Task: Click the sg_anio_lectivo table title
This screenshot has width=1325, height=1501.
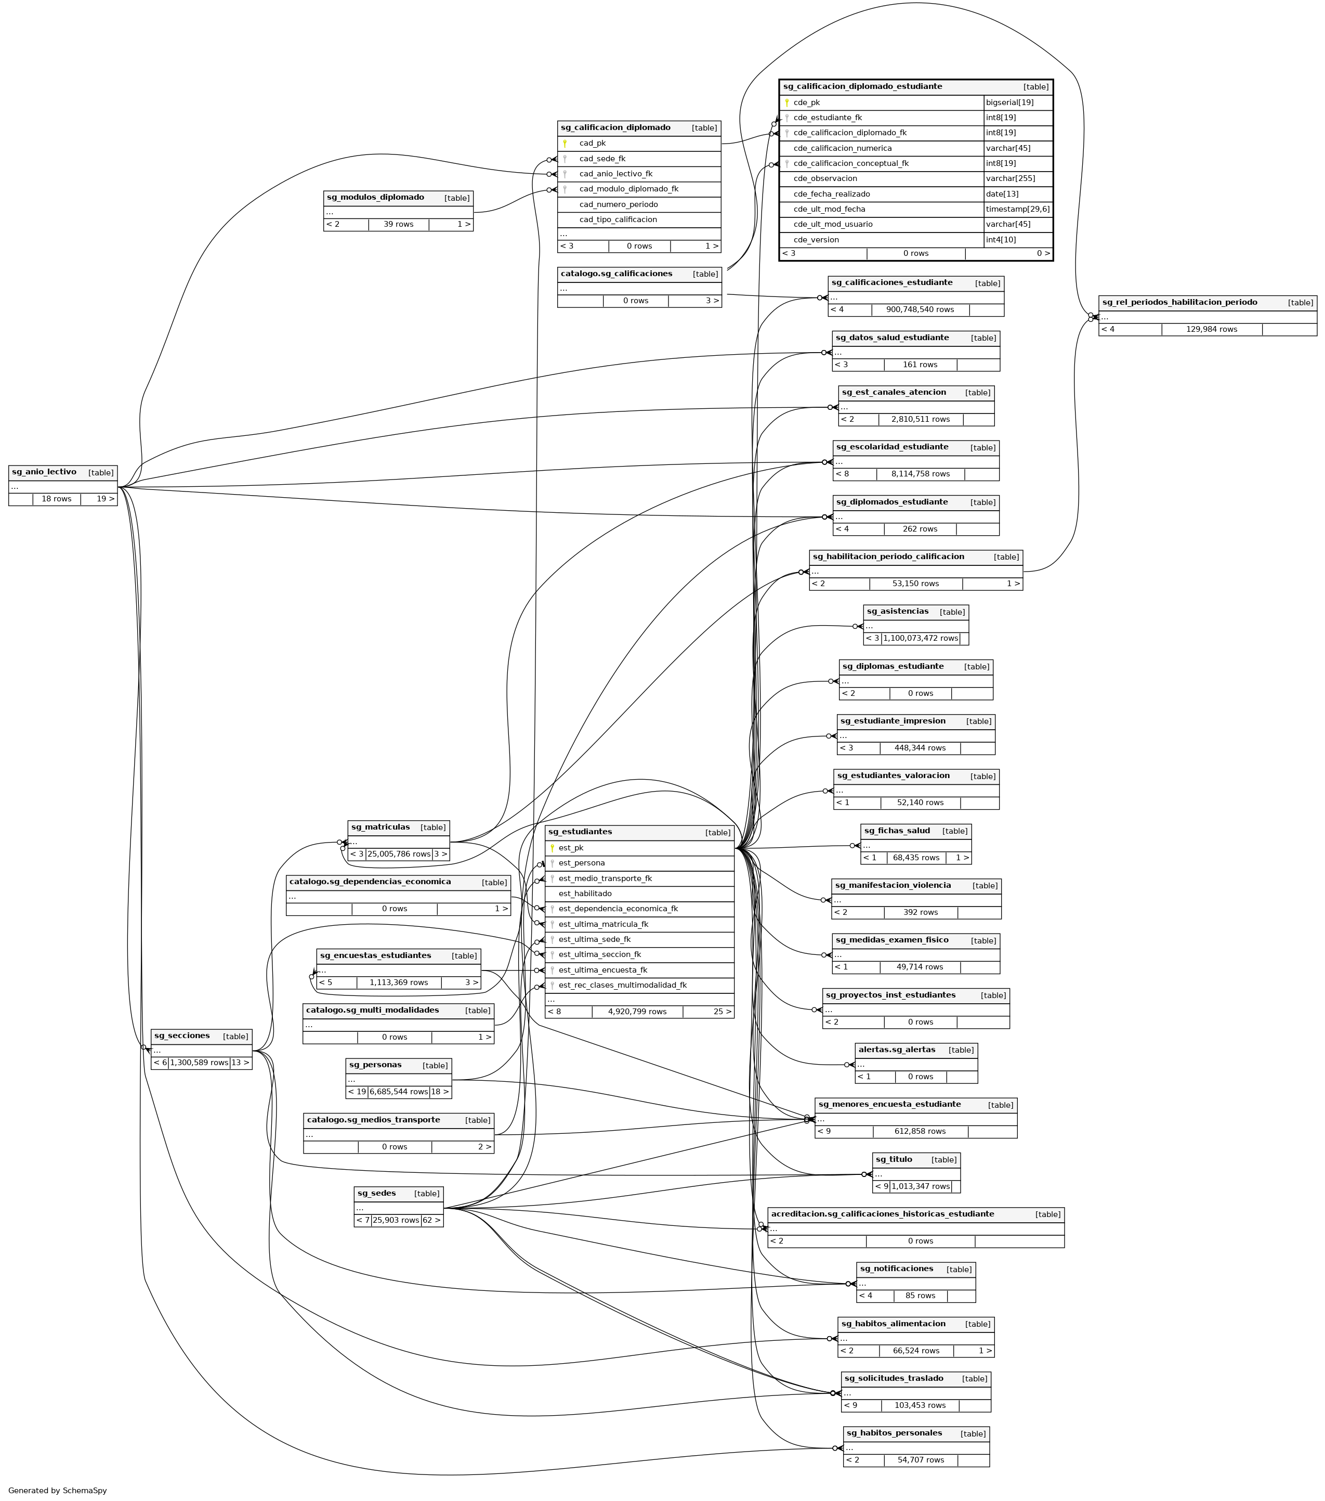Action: click(44, 472)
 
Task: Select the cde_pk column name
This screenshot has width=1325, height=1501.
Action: click(806, 103)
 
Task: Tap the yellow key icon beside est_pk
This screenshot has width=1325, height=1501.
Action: click(552, 848)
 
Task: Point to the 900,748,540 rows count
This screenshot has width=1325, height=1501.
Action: click(919, 310)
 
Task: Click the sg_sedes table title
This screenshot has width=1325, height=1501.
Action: click(376, 1193)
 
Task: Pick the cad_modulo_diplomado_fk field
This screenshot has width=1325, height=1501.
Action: click(628, 189)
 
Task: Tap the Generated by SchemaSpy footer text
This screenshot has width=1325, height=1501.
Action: click(57, 1491)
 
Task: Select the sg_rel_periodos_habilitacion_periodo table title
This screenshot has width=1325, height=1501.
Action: click(1179, 303)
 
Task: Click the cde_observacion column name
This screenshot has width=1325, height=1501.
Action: click(824, 178)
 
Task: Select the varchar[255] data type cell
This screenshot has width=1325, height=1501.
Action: click(1007, 178)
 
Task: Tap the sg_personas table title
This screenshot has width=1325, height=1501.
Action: click(375, 1065)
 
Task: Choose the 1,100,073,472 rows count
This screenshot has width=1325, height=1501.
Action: click(920, 638)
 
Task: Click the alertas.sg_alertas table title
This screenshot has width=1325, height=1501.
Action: click(896, 1050)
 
